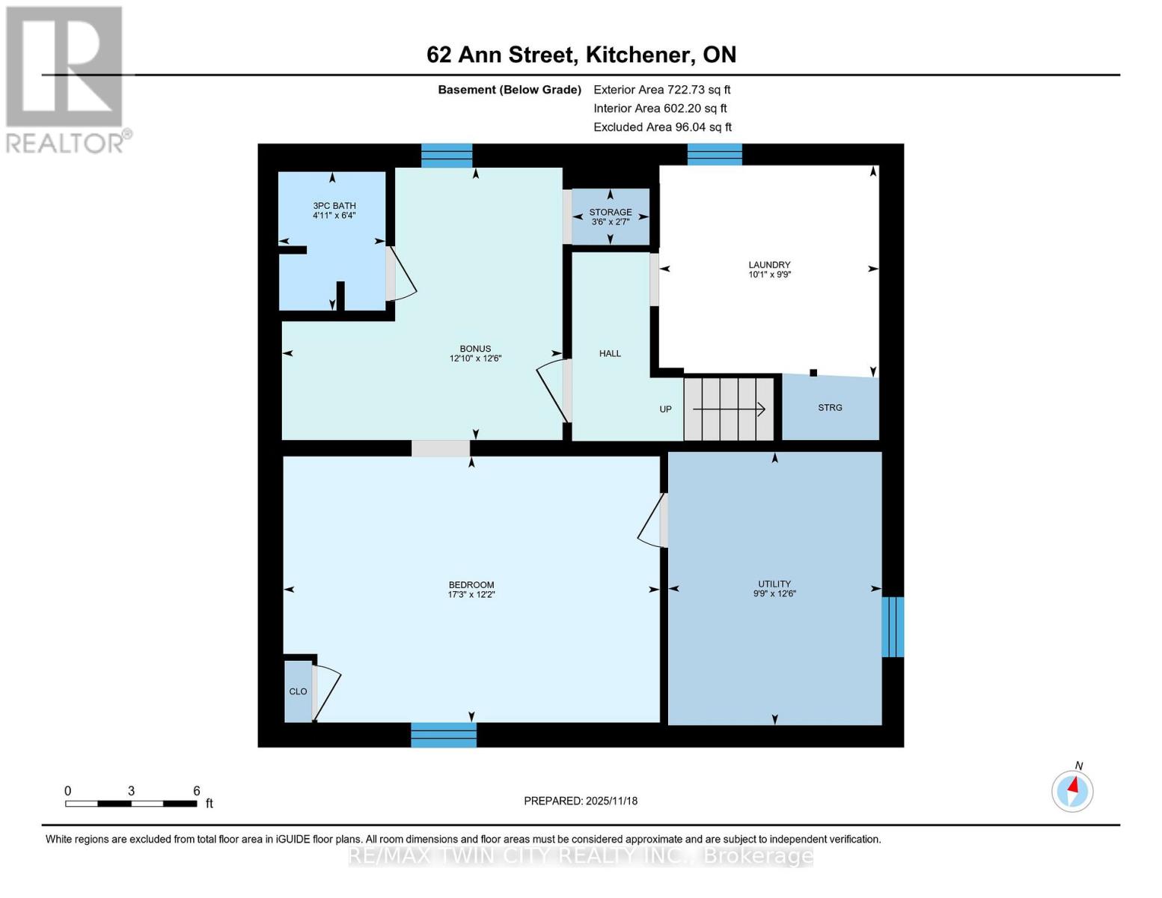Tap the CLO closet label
[298, 691]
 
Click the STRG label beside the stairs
[830, 408]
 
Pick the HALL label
[610, 353]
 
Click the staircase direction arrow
[729, 409]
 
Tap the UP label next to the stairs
[665, 409]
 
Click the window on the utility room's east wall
[893, 626]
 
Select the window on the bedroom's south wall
[444, 735]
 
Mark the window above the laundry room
[715, 154]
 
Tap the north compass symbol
[1072, 790]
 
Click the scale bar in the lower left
[131, 804]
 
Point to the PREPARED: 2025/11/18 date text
[581, 801]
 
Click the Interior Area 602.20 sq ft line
[660, 109]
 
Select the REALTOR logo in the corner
[66, 79]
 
